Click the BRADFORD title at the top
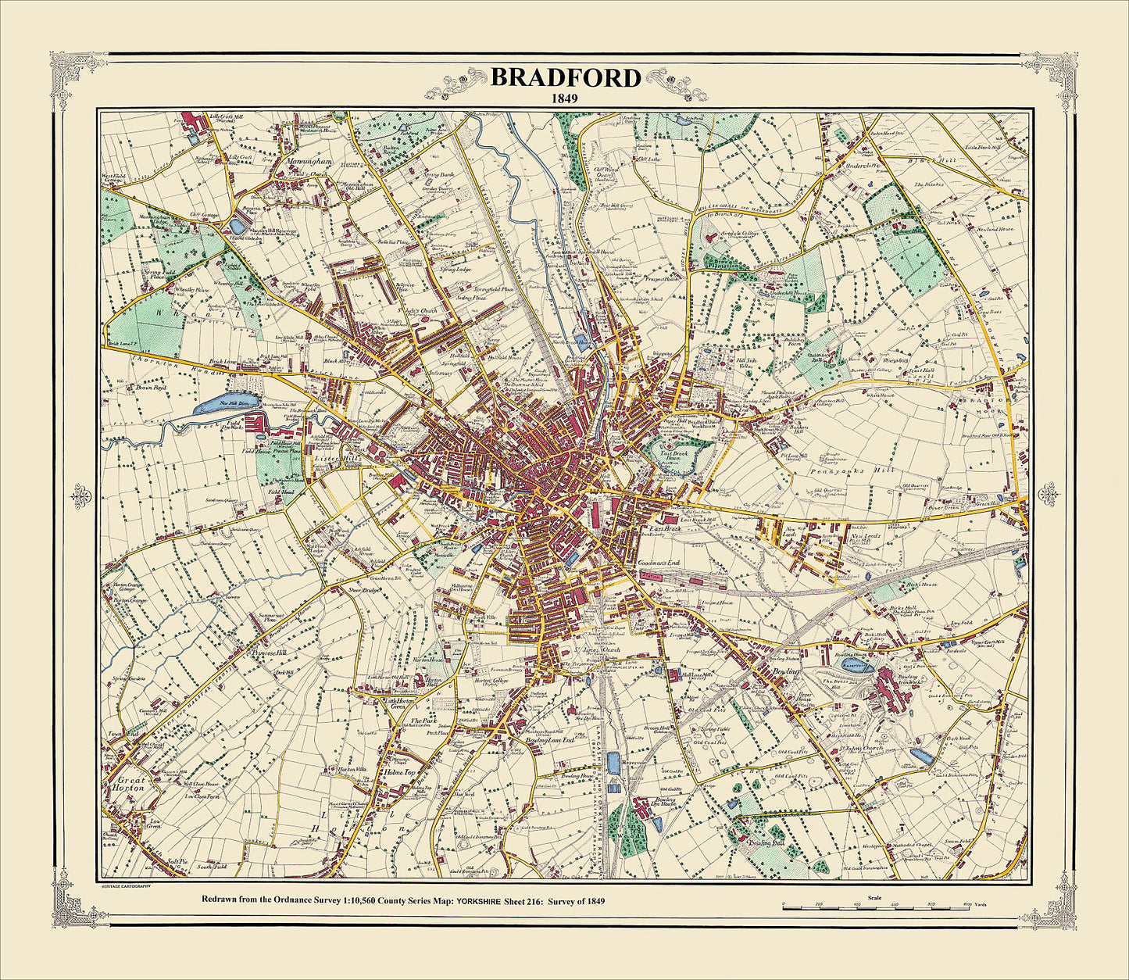(566, 77)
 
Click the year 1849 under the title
(566, 99)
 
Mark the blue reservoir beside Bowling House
(855, 665)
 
